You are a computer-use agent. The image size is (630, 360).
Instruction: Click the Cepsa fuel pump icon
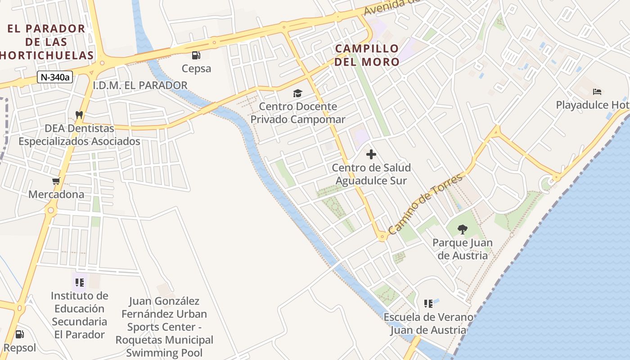point(196,55)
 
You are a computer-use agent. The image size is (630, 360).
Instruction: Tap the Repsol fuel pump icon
point(19,334)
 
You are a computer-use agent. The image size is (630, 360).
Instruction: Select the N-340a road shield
point(55,77)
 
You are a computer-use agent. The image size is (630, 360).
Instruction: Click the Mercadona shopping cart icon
point(56,181)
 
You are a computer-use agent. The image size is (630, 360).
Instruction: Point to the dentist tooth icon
point(79,115)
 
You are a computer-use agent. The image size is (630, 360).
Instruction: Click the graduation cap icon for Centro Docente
point(297,94)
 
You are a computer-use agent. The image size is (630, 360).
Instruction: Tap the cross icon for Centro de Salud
point(371,155)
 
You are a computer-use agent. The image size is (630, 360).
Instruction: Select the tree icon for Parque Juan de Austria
point(462,229)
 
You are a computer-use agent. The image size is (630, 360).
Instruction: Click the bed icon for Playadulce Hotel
point(597,92)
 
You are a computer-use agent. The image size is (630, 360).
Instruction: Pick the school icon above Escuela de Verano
point(428,304)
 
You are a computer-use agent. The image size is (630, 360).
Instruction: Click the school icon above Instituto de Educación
point(80,283)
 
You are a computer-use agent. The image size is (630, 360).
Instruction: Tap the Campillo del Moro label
point(367,55)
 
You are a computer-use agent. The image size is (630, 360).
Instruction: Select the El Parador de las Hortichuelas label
point(47,42)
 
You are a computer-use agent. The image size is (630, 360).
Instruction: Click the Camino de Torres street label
point(425,203)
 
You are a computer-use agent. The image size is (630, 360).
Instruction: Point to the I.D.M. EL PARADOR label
point(140,85)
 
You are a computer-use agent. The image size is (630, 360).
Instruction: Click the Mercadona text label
point(56,194)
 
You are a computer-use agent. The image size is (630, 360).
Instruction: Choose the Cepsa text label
point(196,68)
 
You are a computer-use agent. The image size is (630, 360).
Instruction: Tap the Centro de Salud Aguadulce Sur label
point(371,174)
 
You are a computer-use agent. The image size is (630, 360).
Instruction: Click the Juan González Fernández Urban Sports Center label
point(164,327)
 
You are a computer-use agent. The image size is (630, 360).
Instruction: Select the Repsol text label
point(19,347)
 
